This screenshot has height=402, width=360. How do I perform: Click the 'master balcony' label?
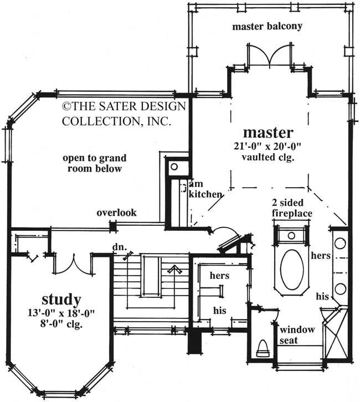tap(267, 27)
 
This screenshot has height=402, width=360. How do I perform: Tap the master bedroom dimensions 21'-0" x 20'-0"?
tap(268, 146)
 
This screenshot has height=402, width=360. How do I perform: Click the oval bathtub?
tap(291, 269)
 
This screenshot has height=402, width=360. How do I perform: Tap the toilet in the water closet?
tap(263, 349)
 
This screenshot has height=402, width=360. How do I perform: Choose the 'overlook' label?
tap(116, 213)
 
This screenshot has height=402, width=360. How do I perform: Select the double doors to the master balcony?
tap(268, 55)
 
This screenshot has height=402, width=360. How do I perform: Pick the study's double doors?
tap(73, 264)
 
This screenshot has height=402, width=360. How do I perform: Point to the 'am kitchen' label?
tap(205, 189)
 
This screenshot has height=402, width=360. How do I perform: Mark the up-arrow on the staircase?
tap(176, 270)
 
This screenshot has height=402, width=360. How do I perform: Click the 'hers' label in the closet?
tap(219, 275)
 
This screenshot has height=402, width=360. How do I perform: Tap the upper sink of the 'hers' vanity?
tap(340, 243)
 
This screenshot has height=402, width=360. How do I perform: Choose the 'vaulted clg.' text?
tap(268, 157)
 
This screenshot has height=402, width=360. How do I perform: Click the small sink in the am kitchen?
tap(174, 166)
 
